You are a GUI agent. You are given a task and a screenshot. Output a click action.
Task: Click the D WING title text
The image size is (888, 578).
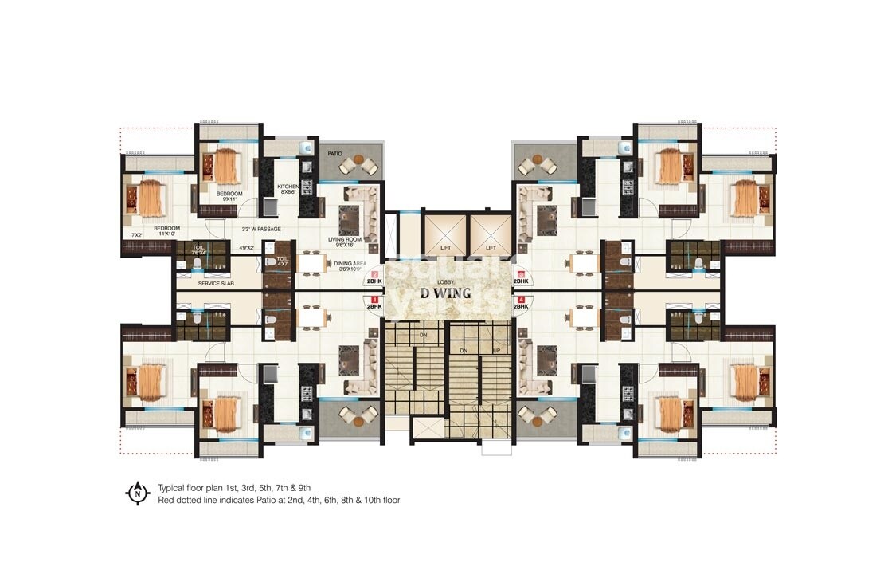pyautogui.click(x=444, y=293)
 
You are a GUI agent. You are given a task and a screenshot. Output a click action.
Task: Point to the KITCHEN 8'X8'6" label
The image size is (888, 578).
pyautogui.click(x=288, y=190)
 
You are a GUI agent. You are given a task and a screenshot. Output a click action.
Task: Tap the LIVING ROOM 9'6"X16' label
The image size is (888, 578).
pyautogui.click(x=345, y=242)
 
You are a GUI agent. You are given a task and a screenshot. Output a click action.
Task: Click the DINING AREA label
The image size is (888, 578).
pyautogui.click(x=349, y=265)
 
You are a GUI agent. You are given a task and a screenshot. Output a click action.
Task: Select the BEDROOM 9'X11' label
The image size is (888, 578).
pyautogui.click(x=229, y=196)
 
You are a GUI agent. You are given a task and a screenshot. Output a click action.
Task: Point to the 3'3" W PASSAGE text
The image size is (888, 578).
pyautogui.click(x=261, y=229)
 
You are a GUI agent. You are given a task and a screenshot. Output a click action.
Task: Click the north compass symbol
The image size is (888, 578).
pyautogui.click(x=138, y=493)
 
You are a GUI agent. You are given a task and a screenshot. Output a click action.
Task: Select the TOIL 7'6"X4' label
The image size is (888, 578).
pyautogui.click(x=186, y=250)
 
